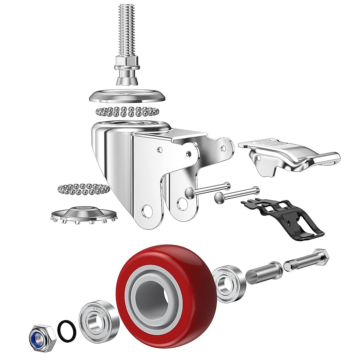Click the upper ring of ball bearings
click(126, 112)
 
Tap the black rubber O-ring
click(66, 326)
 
